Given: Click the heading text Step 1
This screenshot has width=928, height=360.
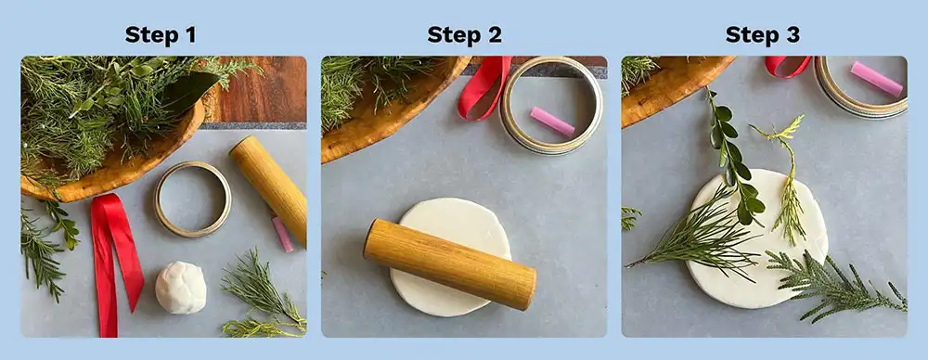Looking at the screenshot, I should [x=161, y=35].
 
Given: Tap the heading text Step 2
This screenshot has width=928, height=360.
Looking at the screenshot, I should [x=464, y=35].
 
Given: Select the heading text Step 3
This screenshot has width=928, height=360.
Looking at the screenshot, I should [x=763, y=35].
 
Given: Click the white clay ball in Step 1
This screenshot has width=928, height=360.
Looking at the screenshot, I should [x=180, y=287].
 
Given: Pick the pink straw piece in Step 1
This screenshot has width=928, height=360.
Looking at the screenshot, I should [x=282, y=234].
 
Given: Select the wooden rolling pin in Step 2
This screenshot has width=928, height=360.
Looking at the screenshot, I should [x=449, y=264].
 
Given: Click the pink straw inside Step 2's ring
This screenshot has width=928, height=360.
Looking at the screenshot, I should [x=552, y=122].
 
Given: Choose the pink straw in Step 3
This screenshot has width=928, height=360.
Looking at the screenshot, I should [x=876, y=79].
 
